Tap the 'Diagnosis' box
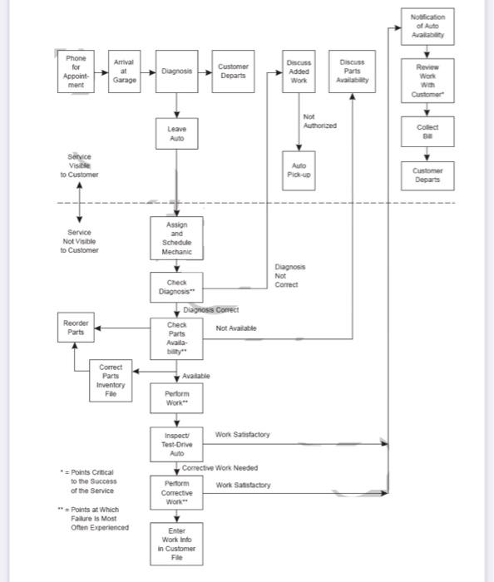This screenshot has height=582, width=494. point(177,72)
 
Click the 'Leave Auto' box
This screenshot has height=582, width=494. point(177,134)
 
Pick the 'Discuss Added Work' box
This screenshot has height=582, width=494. point(299,72)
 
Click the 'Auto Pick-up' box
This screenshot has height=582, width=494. point(299,170)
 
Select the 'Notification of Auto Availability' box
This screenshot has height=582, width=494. point(427,27)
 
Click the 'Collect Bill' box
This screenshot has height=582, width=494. point(427,131)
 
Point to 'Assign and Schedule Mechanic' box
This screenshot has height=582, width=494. point(177,238)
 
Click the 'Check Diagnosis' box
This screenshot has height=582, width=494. point(177,288)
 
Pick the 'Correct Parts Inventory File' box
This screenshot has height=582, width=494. point(111,381)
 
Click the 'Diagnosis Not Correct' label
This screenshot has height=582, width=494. point(290,275)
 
